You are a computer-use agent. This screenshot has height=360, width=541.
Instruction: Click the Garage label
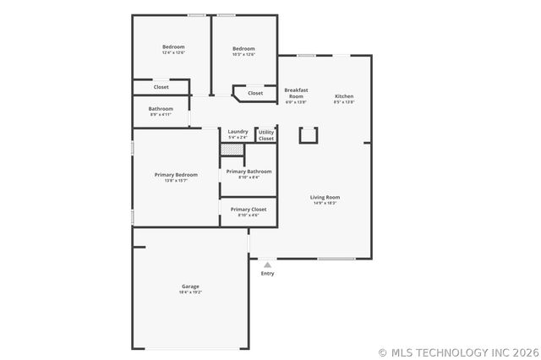click(x=190, y=286)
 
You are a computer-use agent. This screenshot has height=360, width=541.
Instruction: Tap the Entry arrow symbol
click(x=267, y=265)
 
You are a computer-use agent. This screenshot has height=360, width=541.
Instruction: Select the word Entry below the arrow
click(x=267, y=273)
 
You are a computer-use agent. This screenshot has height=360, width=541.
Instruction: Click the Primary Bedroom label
click(x=176, y=175)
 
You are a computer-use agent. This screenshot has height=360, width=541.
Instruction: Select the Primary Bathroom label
click(x=249, y=172)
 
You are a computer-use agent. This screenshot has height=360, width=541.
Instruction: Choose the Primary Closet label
click(x=249, y=209)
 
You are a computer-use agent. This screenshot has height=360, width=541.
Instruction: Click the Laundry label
click(x=238, y=131)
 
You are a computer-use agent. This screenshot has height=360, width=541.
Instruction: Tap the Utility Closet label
click(x=266, y=134)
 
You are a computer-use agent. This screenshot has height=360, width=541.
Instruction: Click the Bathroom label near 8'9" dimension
click(x=161, y=108)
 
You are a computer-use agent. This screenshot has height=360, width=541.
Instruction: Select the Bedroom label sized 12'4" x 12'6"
click(x=173, y=46)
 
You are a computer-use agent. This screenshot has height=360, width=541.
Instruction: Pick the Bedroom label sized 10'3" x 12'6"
click(x=243, y=48)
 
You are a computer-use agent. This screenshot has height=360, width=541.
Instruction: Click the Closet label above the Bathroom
click(x=161, y=87)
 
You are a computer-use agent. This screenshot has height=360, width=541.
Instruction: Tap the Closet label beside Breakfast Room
click(x=255, y=93)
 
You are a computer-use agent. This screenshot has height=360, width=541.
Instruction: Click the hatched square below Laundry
click(x=232, y=150)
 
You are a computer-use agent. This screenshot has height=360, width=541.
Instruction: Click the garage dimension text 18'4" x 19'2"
click(x=190, y=292)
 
